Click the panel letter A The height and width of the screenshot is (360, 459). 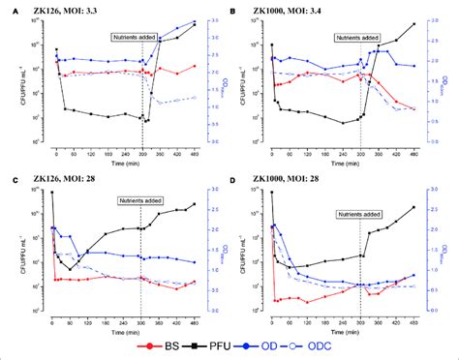8,9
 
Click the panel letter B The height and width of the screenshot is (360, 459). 237,9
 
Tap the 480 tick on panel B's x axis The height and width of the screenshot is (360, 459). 414,156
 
